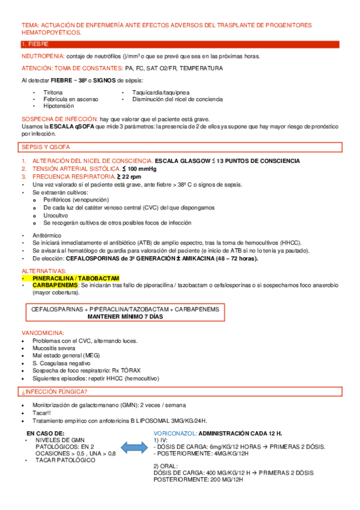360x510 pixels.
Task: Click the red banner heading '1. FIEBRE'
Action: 35,45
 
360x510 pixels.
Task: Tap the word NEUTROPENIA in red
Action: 40,56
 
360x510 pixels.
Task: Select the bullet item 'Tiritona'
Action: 52,93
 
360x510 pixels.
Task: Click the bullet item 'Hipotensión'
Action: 58,105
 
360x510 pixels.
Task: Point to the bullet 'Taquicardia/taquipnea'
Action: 160,93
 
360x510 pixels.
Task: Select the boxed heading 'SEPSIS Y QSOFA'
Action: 44,147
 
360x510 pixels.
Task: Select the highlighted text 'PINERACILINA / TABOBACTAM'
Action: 76,278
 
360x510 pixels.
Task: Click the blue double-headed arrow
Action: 130,447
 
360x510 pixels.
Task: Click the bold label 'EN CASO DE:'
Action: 44,433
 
